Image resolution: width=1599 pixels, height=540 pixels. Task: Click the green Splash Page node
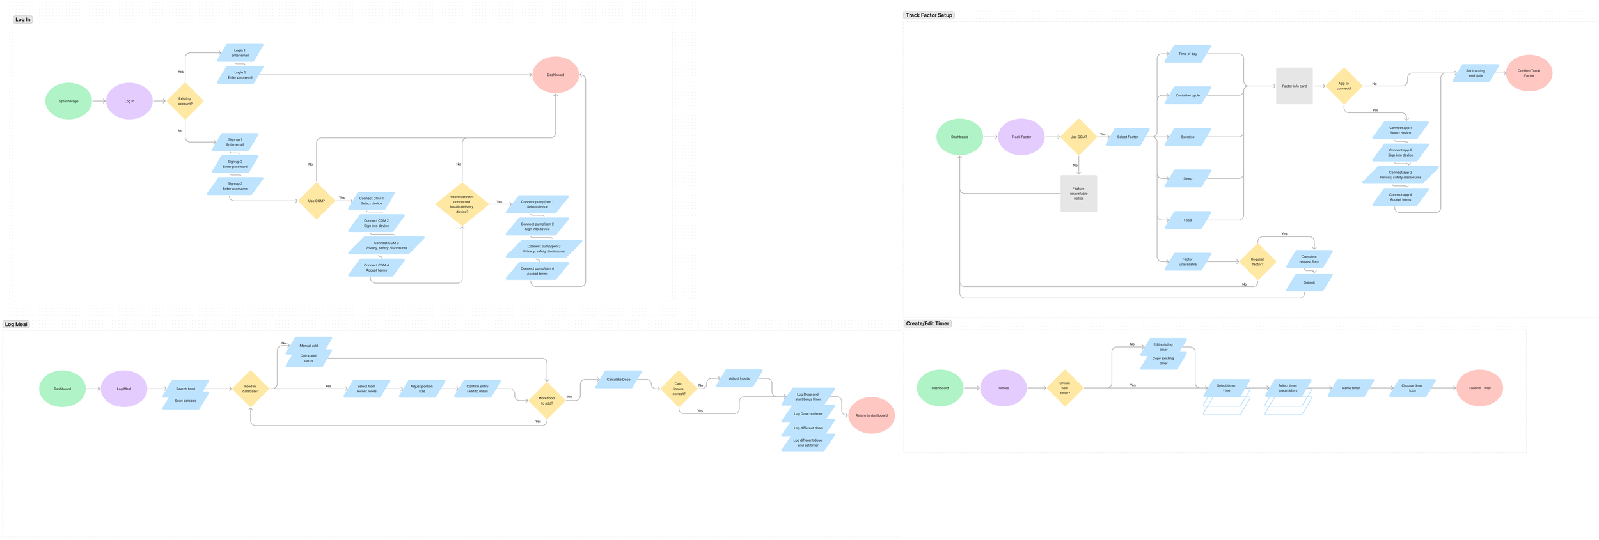(x=68, y=101)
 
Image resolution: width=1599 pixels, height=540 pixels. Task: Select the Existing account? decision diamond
(x=185, y=101)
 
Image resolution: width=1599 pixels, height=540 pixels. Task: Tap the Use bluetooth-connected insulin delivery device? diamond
(x=462, y=204)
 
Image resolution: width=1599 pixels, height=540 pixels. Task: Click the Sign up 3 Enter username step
(x=235, y=186)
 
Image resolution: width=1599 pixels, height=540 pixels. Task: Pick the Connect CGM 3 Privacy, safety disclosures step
(x=386, y=245)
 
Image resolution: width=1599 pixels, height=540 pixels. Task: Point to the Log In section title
(x=23, y=20)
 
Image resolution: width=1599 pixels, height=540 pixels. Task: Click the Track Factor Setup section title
(x=928, y=15)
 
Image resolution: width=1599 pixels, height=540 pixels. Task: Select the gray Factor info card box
(x=1294, y=86)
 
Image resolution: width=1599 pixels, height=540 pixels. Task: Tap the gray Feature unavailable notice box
(x=1078, y=194)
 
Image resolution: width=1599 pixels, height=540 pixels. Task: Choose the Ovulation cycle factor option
(x=1188, y=95)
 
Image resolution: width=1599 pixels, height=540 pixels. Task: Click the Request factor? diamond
(x=1257, y=261)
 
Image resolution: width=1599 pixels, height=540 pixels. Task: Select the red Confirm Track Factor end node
(x=1529, y=73)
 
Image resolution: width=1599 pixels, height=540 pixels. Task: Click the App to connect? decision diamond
(x=1344, y=86)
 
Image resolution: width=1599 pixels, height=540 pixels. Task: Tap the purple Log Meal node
(x=124, y=389)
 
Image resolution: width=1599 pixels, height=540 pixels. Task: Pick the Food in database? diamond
(x=250, y=389)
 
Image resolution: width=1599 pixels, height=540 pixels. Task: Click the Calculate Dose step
(x=618, y=380)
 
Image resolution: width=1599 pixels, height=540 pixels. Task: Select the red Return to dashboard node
(x=871, y=415)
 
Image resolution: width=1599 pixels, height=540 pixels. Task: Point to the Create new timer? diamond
(x=1064, y=388)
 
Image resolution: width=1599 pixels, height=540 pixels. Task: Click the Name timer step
(x=1351, y=388)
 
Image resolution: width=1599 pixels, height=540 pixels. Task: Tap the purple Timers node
(x=1004, y=388)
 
